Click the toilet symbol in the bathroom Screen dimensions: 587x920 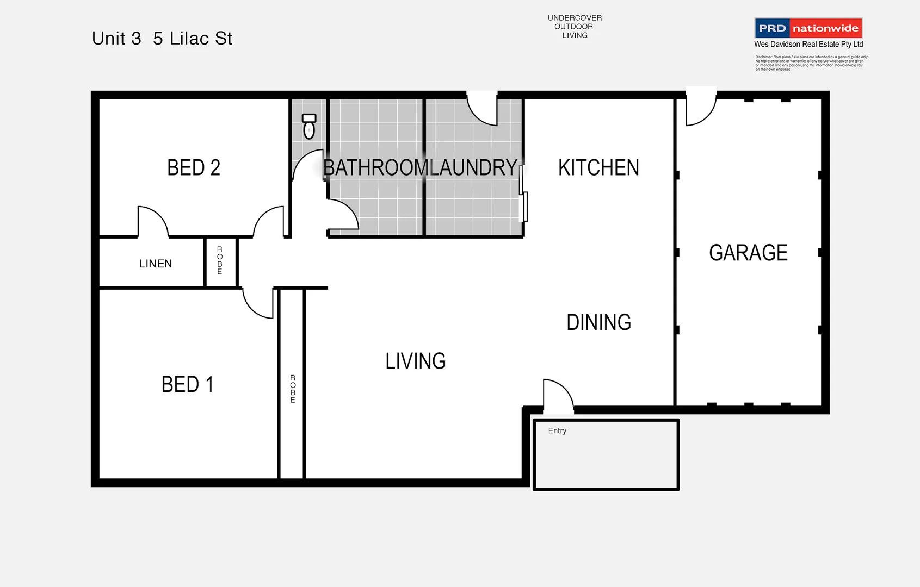[x=309, y=127]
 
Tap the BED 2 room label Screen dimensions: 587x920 [x=194, y=168]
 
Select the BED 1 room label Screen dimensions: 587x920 [x=187, y=385]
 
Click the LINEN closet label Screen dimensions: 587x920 [x=156, y=264]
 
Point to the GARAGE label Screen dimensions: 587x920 [x=748, y=253]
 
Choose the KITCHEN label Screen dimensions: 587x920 [x=598, y=168]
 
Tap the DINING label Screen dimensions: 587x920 [x=598, y=322]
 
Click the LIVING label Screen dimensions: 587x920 [x=416, y=361]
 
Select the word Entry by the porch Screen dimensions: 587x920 [x=557, y=430]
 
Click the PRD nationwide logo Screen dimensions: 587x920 [x=808, y=28]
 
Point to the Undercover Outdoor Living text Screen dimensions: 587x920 [x=575, y=27]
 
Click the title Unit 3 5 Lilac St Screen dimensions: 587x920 [x=162, y=39]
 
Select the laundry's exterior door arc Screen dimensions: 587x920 [x=481, y=110]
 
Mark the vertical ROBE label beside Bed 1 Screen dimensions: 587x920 [x=293, y=389]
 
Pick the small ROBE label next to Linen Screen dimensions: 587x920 [x=220, y=260]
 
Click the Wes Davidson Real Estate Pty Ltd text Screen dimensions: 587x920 [x=808, y=45]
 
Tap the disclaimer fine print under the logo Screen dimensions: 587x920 [x=811, y=63]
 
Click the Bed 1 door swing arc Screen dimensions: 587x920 [x=257, y=304]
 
